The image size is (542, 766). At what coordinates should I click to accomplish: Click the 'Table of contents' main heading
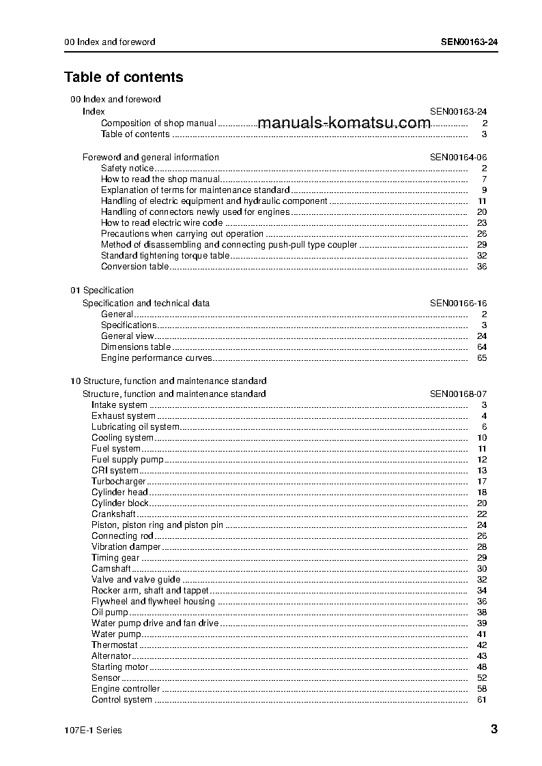(124, 77)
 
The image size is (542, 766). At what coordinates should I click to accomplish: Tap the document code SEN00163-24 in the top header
(469, 42)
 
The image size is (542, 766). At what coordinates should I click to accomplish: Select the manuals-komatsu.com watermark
(345, 123)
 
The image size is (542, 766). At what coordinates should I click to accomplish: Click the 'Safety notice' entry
(127, 168)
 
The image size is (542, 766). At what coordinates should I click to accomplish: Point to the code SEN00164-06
(458, 157)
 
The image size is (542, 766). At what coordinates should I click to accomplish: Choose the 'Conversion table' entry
(134, 267)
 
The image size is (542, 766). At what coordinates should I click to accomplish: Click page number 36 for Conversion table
(481, 267)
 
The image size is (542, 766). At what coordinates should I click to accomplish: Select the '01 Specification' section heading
(102, 291)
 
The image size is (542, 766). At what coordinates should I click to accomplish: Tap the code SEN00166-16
(458, 304)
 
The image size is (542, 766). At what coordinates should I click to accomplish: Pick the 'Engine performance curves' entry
(156, 358)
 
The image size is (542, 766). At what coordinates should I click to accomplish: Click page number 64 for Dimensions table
(481, 347)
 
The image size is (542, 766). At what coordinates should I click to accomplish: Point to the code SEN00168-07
(458, 394)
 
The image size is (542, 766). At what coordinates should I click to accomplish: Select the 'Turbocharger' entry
(119, 482)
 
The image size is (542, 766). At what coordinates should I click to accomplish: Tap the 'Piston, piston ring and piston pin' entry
(157, 525)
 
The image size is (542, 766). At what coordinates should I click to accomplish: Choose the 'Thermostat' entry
(115, 645)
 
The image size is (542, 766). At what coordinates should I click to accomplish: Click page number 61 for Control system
(481, 700)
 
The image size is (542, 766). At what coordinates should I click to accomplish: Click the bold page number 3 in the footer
(494, 730)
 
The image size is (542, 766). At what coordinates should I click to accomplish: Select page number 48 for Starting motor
(481, 667)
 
